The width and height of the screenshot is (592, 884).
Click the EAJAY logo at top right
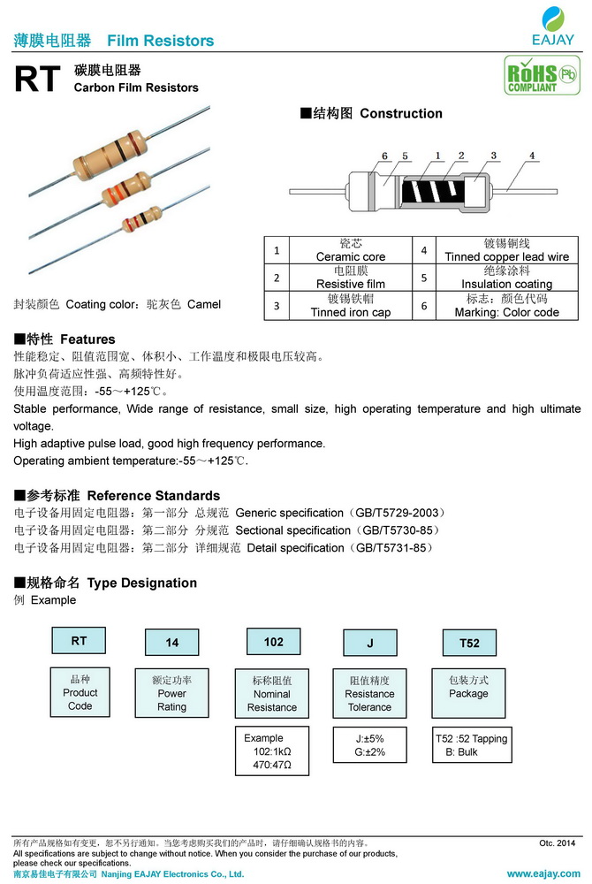pos(555,26)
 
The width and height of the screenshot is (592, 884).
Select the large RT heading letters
pos(37,80)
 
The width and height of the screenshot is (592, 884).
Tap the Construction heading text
pos(401,113)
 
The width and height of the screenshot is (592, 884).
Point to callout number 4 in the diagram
pos(532,156)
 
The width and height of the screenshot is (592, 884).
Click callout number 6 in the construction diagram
pos(385,156)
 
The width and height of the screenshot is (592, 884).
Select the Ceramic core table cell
pos(351,250)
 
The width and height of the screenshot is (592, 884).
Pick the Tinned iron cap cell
pos(351,306)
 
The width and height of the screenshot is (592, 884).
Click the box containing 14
pos(172,643)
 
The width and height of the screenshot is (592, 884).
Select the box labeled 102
pos(274,642)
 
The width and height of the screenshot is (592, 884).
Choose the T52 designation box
pos(469,643)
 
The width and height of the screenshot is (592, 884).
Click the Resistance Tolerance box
pos(369,694)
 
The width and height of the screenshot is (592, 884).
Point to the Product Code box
pos(80,692)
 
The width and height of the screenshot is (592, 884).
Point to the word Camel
pos(204,304)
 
